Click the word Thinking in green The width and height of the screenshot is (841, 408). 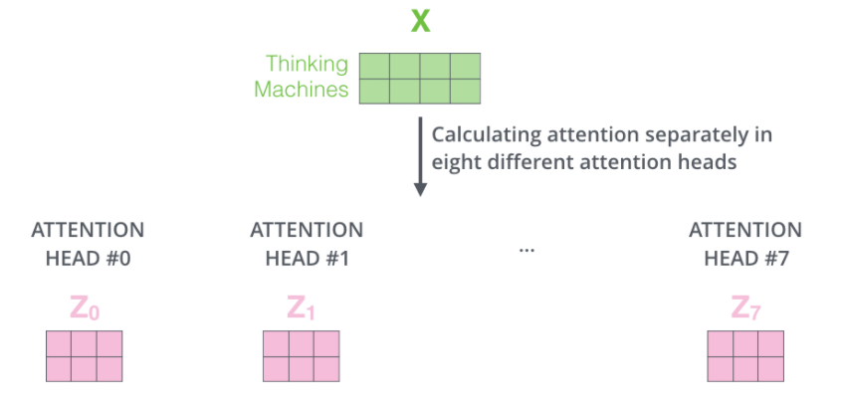coord(307,65)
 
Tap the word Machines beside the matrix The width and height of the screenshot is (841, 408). coord(302,90)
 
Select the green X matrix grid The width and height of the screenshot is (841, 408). coord(419,78)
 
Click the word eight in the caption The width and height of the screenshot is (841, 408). coord(452,161)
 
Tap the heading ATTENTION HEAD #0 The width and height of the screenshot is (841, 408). coord(88,244)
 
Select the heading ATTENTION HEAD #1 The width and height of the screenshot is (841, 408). coord(307,244)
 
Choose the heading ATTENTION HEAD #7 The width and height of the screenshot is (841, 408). coord(744,244)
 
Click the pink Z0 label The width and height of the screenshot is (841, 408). coord(85,308)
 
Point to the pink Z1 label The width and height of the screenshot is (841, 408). coord(302,308)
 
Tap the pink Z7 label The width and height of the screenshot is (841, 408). coord(740,308)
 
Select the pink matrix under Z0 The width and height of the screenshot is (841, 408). coord(85,356)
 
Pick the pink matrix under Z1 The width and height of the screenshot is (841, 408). coord(302,356)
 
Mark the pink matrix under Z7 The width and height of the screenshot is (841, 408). coord(744,356)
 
